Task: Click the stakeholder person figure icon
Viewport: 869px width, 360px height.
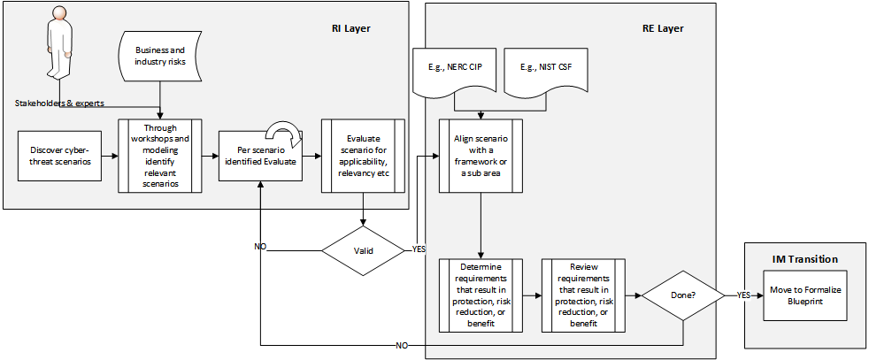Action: pyautogui.click(x=58, y=44)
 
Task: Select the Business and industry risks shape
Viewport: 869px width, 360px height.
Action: pyautogui.click(x=160, y=57)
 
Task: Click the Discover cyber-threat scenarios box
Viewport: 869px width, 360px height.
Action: pyautogui.click(x=60, y=156)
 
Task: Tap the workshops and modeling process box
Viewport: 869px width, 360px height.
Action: pyautogui.click(x=160, y=156)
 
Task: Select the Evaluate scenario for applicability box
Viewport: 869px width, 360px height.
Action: pyautogui.click(x=363, y=156)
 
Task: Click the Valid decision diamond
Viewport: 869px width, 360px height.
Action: pyautogui.click(x=363, y=250)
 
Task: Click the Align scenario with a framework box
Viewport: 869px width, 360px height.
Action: pyautogui.click(x=481, y=156)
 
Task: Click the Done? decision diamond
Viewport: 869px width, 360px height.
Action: pyautogui.click(x=682, y=295)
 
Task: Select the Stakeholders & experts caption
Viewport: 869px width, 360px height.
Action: pyautogui.click(x=59, y=103)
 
